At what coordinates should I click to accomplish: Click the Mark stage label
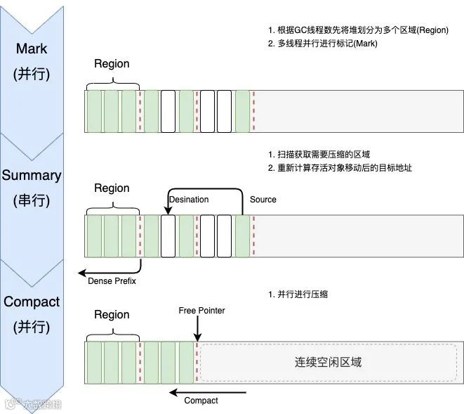pyautogui.click(x=32, y=48)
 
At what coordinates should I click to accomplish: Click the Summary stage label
pyautogui.click(x=32, y=175)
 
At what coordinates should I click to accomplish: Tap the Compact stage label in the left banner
pyautogui.click(x=32, y=302)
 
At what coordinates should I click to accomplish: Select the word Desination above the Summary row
pyautogui.click(x=189, y=200)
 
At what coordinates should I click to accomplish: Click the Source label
pyautogui.click(x=263, y=200)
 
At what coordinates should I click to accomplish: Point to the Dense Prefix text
pyautogui.click(x=112, y=282)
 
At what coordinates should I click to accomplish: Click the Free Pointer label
pyautogui.click(x=202, y=310)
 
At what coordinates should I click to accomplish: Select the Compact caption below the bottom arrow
pyautogui.click(x=201, y=401)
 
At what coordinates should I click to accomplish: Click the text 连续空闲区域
pyautogui.click(x=328, y=363)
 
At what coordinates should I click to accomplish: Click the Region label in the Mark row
pyautogui.click(x=112, y=64)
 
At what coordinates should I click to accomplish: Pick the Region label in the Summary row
pyautogui.click(x=112, y=188)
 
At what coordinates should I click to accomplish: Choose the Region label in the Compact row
pyautogui.click(x=112, y=315)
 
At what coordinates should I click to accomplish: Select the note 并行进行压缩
pyautogui.click(x=303, y=295)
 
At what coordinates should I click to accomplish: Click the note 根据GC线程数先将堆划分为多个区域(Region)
pyautogui.click(x=355, y=30)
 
